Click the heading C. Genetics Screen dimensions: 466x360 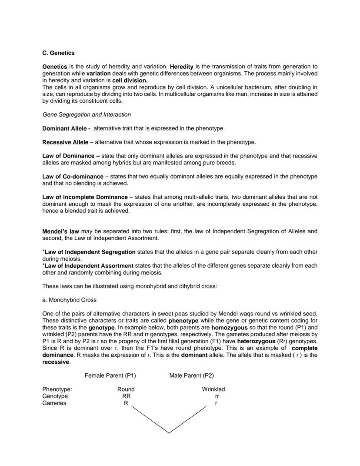point(58,53)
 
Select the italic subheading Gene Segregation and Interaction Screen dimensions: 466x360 point(87,115)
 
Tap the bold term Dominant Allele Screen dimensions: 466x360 point(66,128)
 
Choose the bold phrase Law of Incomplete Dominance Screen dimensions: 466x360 point(85,197)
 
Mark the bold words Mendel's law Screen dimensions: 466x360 point(60,231)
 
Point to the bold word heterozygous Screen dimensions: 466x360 point(256,341)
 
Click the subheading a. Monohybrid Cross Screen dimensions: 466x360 point(69,300)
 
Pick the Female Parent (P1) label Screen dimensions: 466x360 point(110,375)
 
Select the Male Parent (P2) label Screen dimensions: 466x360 point(191,375)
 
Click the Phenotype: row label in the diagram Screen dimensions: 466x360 point(57,389)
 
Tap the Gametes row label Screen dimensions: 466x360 point(54,403)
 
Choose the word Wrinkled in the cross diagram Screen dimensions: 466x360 point(213,389)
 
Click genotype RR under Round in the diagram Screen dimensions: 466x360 point(126,396)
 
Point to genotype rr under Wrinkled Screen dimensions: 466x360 point(217,396)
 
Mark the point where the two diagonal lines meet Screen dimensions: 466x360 point(169,433)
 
